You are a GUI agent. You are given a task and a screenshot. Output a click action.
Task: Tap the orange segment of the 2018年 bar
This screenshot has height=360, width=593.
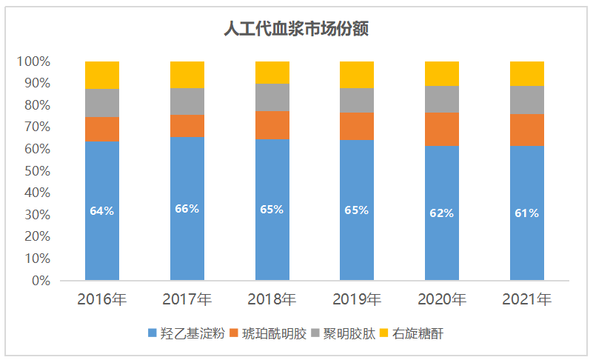click(272, 124)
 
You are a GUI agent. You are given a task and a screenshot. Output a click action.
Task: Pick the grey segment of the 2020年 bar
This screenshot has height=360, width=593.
click(442, 99)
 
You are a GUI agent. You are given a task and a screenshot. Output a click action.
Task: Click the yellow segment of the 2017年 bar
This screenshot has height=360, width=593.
click(187, 75)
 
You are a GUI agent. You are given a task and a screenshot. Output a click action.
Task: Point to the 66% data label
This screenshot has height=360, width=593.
click(187, 209)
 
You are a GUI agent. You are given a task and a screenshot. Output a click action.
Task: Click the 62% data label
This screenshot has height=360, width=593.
click(442, 213)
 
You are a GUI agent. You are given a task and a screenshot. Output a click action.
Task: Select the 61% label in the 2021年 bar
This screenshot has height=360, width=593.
click(526, 213)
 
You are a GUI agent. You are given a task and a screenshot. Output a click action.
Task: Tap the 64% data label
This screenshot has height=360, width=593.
click(102, 211)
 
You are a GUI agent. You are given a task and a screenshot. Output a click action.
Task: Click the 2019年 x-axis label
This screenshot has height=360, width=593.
click(357, 300)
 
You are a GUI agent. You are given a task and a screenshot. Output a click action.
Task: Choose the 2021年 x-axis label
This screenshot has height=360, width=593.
click(526, 300)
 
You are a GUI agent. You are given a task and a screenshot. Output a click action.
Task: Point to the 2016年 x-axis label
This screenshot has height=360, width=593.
click(102, 300)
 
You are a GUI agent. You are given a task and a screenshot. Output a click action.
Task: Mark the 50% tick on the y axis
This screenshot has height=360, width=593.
click(36, 171)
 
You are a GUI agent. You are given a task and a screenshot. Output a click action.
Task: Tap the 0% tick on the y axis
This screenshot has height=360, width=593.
click(41, 281)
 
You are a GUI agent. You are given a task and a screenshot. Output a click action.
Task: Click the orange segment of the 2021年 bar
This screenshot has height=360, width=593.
click(526, 130)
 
